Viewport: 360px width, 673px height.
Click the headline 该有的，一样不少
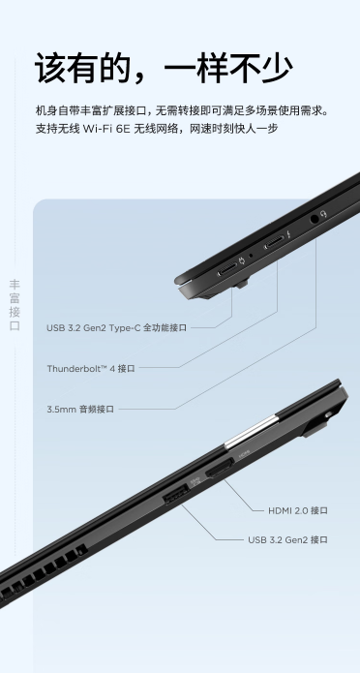point(164,68)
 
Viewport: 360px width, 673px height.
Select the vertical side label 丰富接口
point(15,305)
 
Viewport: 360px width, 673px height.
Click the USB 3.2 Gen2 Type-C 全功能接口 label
point(117,328)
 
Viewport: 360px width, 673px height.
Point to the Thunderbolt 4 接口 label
point(91,368)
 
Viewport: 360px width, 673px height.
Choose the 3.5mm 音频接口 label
point(80,409)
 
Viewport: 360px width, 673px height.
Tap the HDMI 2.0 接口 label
point(298,510)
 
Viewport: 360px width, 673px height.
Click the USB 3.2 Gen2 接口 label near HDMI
point(287,539)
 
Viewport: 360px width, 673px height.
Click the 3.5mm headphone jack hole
point(315,219)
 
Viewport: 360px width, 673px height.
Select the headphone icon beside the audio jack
point(324,213)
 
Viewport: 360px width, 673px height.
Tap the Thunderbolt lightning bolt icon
point(290,234)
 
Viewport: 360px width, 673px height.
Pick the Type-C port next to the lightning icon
point(274,242)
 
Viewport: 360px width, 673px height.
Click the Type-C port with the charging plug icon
point(227,269)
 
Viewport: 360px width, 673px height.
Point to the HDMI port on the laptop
point(220,469)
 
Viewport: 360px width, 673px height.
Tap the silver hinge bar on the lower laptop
point(250,433)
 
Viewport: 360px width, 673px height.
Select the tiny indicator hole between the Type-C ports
point(251,256)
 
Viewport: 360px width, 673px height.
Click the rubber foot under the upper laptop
point(242,284)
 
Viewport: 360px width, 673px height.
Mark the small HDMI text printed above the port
point(244,452)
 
